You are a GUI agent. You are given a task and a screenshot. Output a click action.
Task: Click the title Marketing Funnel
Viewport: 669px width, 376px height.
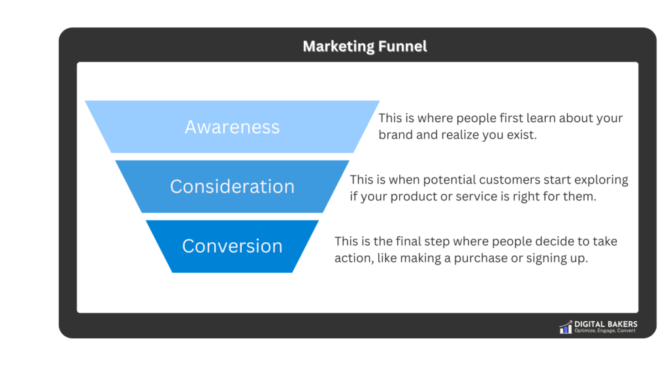pos(365,46)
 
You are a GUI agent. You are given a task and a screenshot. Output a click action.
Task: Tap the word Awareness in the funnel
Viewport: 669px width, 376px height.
pos(232,127)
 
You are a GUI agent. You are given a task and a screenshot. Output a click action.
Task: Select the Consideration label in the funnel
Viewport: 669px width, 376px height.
pos(232,187)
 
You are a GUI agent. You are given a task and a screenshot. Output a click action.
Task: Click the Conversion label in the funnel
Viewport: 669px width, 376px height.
pos(232,246)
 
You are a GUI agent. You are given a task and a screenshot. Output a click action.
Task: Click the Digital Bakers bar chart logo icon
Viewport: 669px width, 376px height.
pos(565,327)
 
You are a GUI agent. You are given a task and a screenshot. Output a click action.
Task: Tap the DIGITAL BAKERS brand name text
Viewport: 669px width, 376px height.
pos(606,324)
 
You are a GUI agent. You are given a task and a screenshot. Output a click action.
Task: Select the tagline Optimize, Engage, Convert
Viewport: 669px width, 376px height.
pos(605,331)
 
